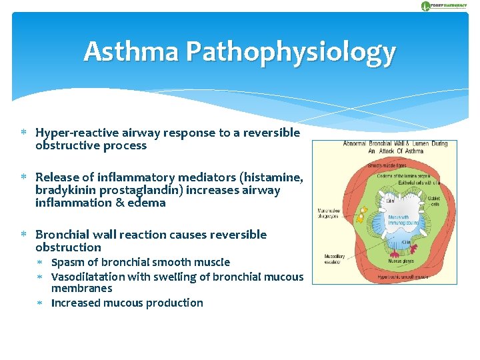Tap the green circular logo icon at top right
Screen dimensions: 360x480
426,6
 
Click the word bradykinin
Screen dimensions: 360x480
65,190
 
